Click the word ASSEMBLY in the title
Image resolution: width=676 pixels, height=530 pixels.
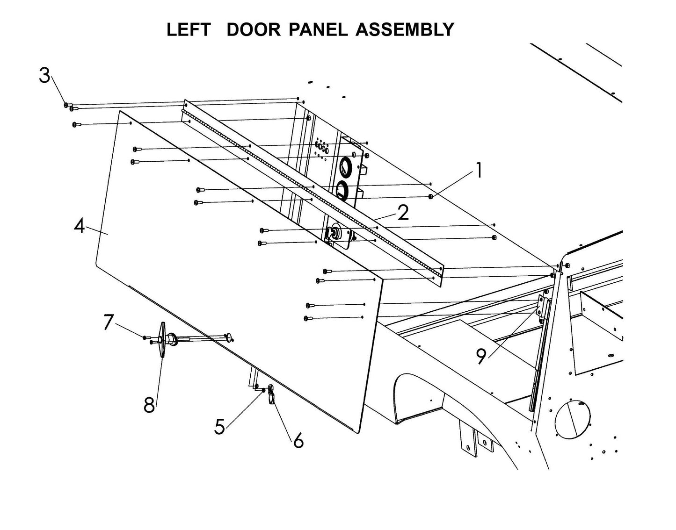pos(405,30)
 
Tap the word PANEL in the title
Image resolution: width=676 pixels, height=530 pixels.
pos(318,30)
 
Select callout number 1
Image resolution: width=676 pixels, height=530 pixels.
pos(478,171)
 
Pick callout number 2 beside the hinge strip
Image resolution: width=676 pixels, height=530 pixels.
pos(403,213)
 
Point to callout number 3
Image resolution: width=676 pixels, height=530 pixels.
pos(44,75)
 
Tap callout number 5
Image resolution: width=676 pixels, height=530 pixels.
pos(220,426)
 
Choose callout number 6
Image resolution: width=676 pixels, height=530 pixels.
pos(298,440)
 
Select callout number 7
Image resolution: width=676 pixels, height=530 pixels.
pos(108,322)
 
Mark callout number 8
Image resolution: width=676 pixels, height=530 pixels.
pos(149,405)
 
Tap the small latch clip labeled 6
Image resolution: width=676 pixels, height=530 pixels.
pos(271,397)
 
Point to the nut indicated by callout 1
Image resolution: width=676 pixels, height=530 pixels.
pos(430,197)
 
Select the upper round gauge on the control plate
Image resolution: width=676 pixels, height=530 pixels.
pos(345,166)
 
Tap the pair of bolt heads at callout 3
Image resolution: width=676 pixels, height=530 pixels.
pos(69,107)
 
